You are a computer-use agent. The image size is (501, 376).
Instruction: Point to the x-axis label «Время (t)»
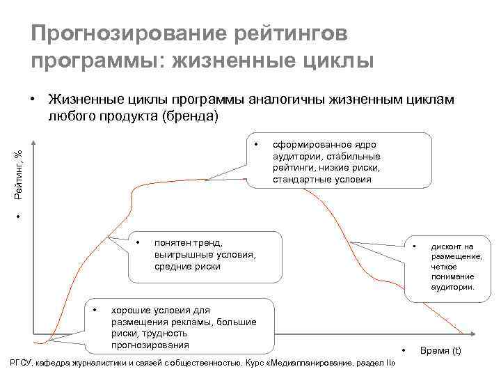[x=440, y=350]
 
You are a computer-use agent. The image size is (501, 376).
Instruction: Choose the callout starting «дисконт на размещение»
[x=452, y=267]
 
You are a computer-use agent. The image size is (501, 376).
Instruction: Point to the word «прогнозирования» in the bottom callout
[x=150, y=345]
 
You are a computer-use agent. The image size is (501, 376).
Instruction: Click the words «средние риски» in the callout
[x=187, y=266]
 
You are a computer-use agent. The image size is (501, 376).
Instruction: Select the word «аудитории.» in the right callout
[x=453, y=286]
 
